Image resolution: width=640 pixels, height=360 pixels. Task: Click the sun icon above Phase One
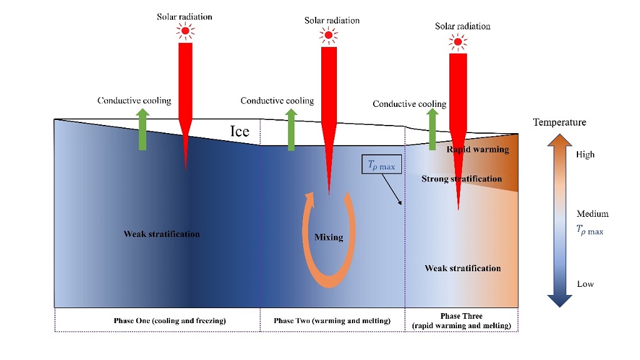(x=184, y=31)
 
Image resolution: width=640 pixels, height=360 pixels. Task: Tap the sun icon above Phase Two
(x=327, y=35)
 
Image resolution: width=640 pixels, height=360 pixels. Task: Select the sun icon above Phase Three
(x=458, y=42)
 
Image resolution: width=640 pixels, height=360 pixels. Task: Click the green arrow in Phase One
(x=142, y=129)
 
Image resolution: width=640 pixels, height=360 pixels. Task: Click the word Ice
(x=240, y=131)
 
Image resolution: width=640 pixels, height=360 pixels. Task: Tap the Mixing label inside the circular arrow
(x=329, y=237)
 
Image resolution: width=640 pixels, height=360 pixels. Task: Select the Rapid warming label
(x=477, y=149)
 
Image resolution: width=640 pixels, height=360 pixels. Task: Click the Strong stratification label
(x=461, y=179)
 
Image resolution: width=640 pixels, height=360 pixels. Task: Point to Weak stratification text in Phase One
(x=162, y=234)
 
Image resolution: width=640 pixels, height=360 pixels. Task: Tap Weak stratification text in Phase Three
(x=462, y=268)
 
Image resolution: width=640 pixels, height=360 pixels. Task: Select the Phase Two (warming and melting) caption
(x=332, y=321)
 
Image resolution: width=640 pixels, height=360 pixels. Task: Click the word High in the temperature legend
(x=586, y=154)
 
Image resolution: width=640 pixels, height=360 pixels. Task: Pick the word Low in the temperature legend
(x=585, y=284)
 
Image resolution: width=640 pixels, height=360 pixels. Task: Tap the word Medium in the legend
(x=592, y=214)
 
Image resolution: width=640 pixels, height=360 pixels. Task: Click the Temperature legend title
(x=559, y=122)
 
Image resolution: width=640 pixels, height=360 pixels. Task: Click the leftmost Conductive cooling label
(x=134, y=101)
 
